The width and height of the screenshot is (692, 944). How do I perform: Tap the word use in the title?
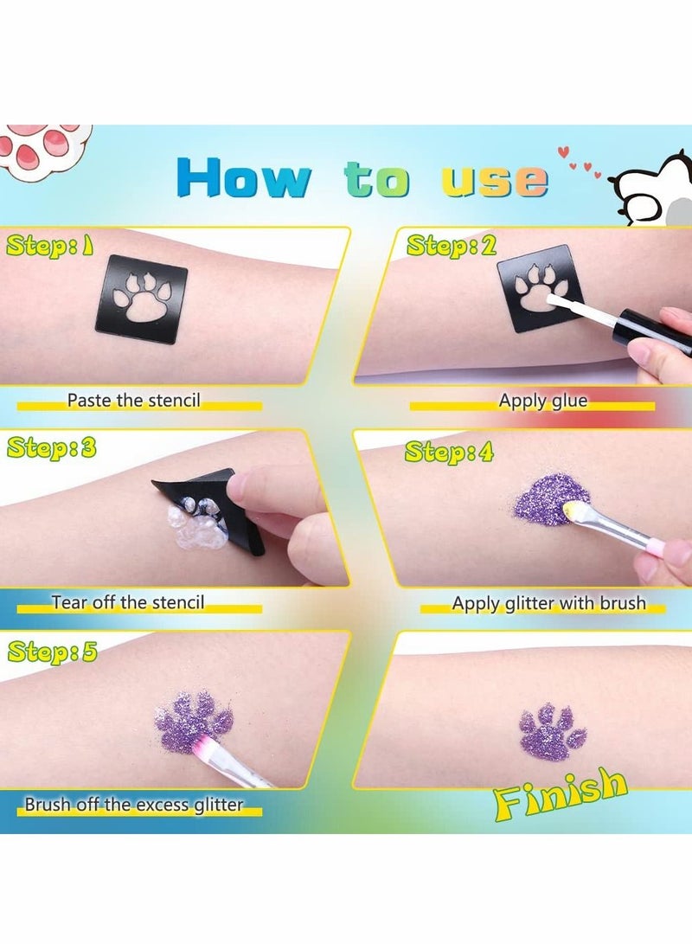[495, 180]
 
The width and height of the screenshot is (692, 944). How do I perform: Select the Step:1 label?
[50, 247]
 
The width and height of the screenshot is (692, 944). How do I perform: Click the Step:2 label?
[452, 246]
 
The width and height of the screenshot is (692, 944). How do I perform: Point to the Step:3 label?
[52, 448]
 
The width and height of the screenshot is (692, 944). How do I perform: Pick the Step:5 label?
[51, 651]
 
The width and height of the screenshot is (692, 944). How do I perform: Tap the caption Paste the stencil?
[133, 401]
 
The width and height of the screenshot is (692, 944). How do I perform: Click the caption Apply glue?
[542, 401]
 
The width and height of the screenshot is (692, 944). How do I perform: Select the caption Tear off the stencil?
[128, 601]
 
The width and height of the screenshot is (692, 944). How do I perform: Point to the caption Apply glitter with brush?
[548, 603]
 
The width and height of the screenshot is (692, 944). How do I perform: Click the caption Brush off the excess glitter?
[133, 805]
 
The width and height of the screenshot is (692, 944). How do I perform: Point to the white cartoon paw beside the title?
[657, 188]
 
